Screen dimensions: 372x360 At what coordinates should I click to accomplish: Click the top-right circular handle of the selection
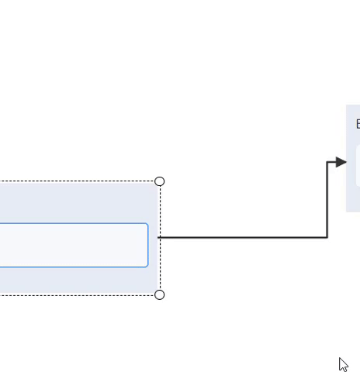[x=160, y=181]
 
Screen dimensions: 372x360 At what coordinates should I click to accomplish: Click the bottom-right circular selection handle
[x=160, y=294]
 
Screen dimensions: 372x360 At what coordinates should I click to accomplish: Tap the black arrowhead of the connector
[x=341, y=162]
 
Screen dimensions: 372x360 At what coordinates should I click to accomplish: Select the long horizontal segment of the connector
[x=241, y=237]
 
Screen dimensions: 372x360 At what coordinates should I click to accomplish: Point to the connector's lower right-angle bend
[x=327, y=237]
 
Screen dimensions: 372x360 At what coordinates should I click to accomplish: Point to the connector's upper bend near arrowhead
[x=327, y=162]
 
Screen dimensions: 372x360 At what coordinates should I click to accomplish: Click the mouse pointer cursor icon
[x=343, y=364]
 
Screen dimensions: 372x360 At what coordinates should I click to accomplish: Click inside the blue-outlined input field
[x=70, y=245]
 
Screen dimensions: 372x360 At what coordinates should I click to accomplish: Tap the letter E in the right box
[x=358, y=124]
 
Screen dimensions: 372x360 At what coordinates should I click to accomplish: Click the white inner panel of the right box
[x=358, y=167]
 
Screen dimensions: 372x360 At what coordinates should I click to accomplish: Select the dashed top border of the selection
[x=78, y=181]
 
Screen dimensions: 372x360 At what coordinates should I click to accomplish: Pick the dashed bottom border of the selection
[x=78, y=294]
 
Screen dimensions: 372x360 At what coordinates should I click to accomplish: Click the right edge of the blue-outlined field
[x=147, y=245]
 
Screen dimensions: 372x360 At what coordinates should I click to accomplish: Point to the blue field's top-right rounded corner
[x=146, y=225]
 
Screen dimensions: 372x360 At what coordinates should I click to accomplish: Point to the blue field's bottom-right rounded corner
[x=146, y=265]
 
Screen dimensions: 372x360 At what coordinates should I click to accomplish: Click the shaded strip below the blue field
[x=78, y=281]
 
